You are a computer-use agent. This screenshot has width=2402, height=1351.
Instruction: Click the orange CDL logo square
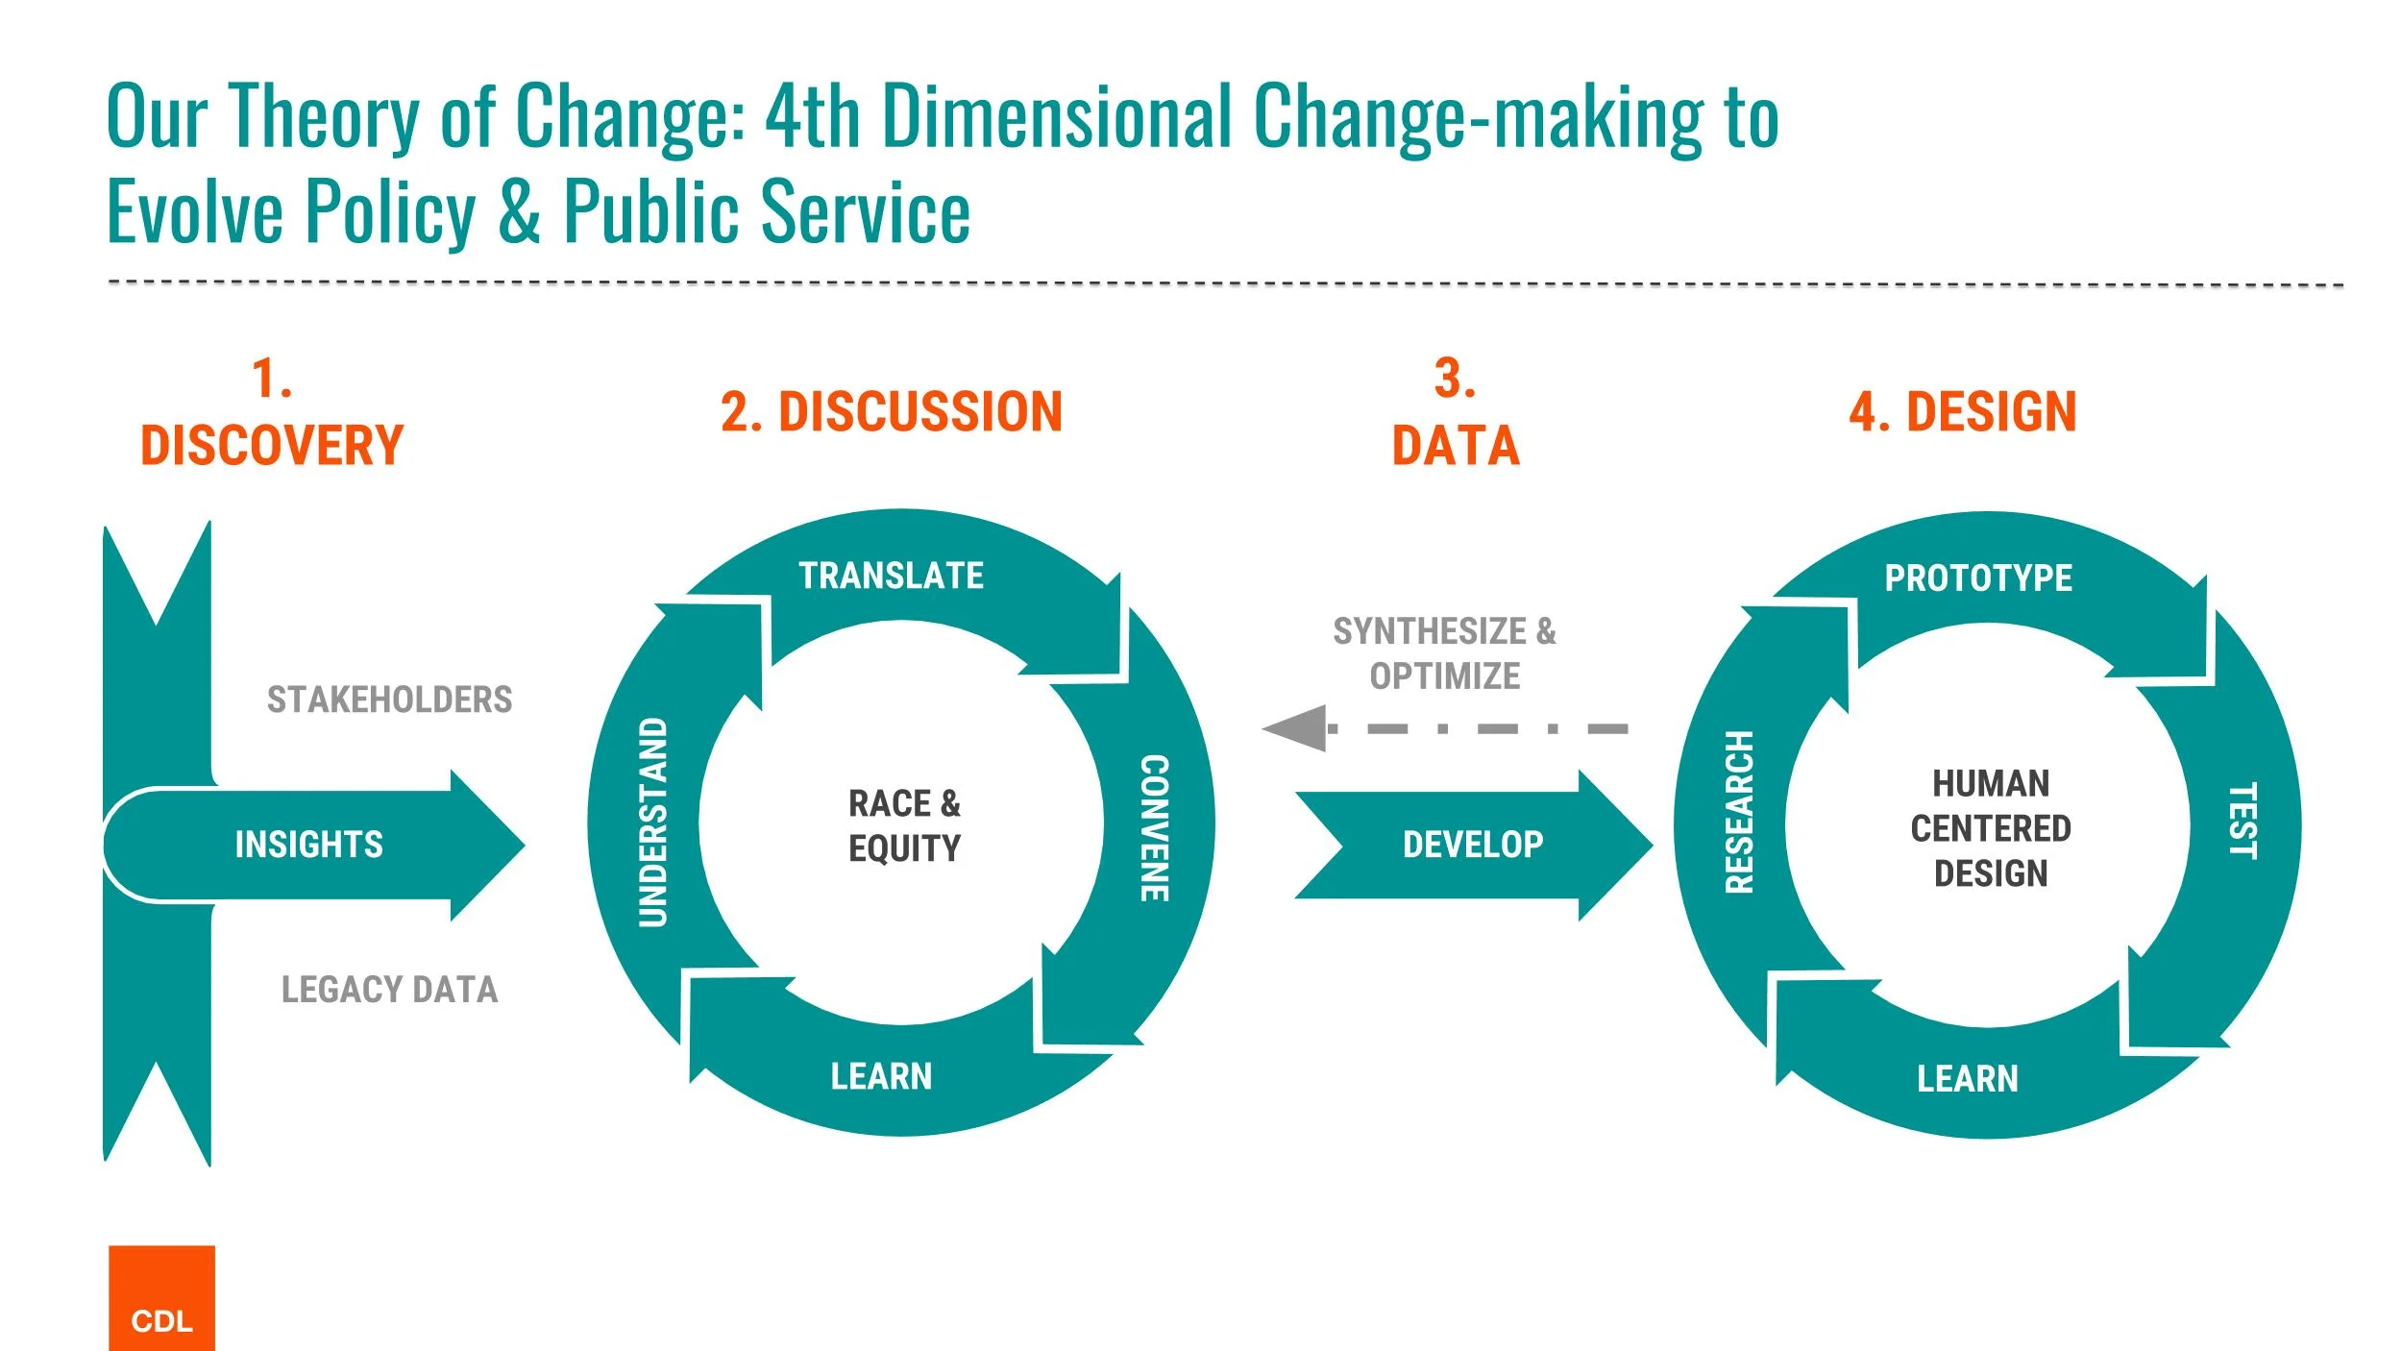pos(161,1298)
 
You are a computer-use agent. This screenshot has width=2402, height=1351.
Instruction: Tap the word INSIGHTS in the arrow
pos(308,845)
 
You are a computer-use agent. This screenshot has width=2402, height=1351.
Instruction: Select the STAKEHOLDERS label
pos(389,700)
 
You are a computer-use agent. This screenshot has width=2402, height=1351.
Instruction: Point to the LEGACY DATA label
pos(389,990)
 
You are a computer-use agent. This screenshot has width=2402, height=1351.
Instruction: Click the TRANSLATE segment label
pos(891,576)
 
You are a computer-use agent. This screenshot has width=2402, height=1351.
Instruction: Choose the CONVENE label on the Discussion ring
pos(1154,827)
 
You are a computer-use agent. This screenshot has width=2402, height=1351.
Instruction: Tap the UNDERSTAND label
pos(653,822)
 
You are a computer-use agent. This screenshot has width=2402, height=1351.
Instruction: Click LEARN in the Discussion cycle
pos(881,1076)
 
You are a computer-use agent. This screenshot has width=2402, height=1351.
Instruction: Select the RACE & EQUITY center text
pos(904,825)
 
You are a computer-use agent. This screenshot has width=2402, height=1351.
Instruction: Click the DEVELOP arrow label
pos(1473,845)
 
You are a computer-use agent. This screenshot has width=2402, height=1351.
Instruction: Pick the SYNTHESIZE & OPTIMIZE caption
pos(1444,653)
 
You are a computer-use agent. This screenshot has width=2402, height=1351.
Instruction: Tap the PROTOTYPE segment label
pos(1978,577)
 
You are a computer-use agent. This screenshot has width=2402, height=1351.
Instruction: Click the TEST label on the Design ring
pos(2242,820)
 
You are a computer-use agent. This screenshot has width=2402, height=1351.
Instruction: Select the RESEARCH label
pos(1740,812)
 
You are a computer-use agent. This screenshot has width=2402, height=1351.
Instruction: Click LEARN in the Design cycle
pos(1968,1078)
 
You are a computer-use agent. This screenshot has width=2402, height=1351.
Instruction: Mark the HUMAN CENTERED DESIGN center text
pos(1991,828)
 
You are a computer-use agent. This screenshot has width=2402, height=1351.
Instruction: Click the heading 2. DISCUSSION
pos(891,411)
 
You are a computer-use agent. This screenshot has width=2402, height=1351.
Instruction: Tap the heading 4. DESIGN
pos(1962,411)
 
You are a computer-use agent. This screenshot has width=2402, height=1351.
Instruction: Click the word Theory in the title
pos(325,117)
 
